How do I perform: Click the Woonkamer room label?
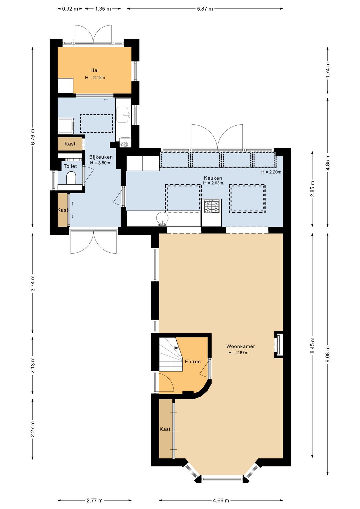241,346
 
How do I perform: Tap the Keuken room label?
213,178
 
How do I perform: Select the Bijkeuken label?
101,157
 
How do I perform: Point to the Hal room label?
94,70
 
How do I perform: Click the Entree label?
193,361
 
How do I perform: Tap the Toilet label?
70,166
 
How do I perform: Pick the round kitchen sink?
163,218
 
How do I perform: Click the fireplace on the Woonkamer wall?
279,344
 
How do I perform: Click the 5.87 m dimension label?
205,9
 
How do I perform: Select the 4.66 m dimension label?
221,500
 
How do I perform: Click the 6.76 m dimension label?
33,137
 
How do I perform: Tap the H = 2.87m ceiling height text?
238,353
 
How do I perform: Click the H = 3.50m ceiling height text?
100,163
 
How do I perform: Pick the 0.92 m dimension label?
70,9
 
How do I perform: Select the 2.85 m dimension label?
313,189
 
